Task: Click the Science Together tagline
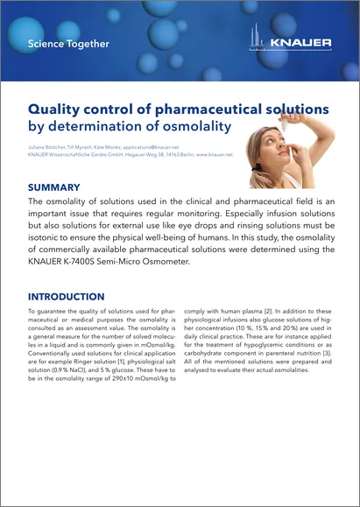68,43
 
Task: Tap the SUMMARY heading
54,187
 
